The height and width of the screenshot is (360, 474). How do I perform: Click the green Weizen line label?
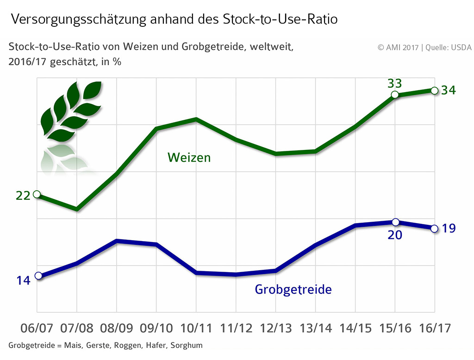pyautogui.click(x=189, y=157)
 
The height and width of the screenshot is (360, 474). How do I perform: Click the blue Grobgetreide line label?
pyautogui.click(x=293, y=290)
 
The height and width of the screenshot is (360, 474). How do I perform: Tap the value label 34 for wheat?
pyautogui.click(x=449, y=90)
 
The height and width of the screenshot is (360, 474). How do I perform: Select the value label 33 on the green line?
pyautogui.click(x=394, y=84)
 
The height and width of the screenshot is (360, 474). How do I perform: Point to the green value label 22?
pyautogui.click(x=23, y=196)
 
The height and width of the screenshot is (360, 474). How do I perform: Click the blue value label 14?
pyautogui.click(x=23, y=280)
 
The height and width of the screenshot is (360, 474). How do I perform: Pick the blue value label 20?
pyautogui.click(x=395, y=235)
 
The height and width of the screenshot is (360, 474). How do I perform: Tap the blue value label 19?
pyautogui.click(x=449, y=228)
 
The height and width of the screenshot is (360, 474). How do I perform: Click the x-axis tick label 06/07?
pyautogui.click(x=37, y=328)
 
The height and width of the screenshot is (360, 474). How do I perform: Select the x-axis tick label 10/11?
pyautogui.click(x=196, y=328)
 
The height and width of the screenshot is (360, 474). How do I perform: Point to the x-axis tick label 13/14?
pyautogui.click(x=316, y=328)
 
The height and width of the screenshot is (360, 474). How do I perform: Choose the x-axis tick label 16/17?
pyautogui.click(x=435, y=328)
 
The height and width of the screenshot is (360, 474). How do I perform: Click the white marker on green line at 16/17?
pyautogui.click(x=434, y=90)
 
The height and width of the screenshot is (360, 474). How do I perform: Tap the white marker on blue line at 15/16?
pyautogui.click(x=395, y=222)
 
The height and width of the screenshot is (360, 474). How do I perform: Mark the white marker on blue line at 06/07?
pyautogui.click(x=38, y=276)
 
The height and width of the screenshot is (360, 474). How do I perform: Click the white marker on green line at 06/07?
pyautogui.click(x=37, y=194)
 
